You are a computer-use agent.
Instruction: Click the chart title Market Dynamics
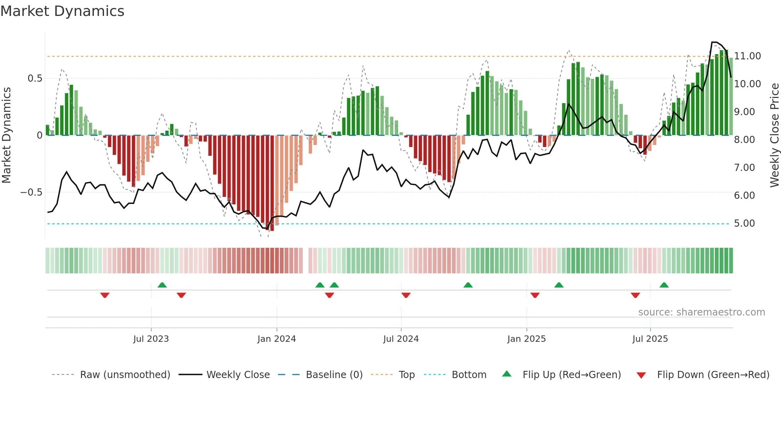tap(62, 11)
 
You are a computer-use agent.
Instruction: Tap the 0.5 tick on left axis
tap(35, 78)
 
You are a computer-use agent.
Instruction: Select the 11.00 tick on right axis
tap(748, 56)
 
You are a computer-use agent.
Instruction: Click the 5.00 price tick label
tap(744, 223)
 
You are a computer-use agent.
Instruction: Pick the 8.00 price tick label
tap(744, 140)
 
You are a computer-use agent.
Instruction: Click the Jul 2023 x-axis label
tap(151, 339)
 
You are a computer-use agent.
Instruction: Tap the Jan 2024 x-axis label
tap(277, 339)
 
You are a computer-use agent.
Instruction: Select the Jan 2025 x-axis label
tap(526, 339)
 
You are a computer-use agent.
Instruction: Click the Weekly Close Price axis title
tap(774, 135)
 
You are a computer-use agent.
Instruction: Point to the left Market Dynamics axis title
tap(6, 135)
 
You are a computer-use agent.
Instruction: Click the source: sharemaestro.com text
tap(701, 312)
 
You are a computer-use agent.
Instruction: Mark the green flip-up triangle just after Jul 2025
tap(664, 285)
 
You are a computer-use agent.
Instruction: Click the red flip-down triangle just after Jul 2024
tap(406, 295)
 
